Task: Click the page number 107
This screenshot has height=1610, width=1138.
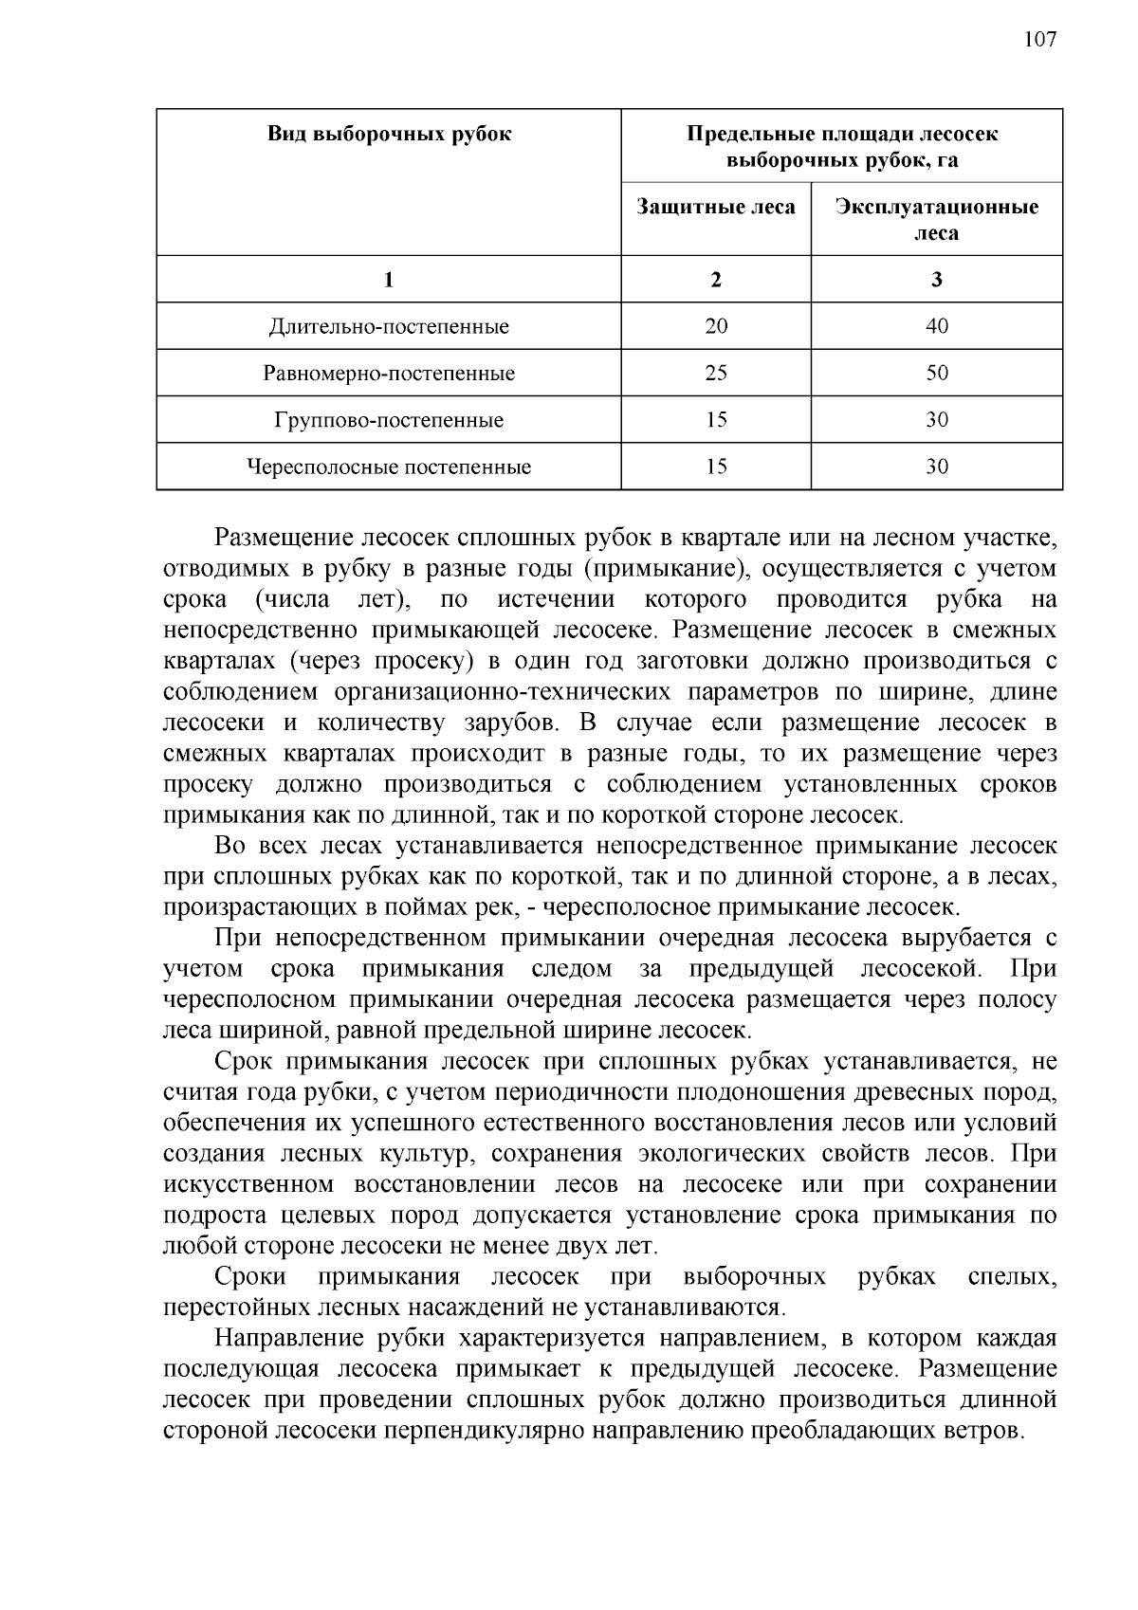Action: click(1039, 39)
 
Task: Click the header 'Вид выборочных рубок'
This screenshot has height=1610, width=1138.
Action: click(389, 134)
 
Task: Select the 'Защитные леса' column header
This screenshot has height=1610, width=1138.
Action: click(716, 207)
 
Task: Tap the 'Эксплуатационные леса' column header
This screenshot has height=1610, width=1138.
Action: click(936, 219)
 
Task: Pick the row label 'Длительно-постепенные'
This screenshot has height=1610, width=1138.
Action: click(389, 327)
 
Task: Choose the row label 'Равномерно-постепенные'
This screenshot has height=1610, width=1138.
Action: click(389, 374)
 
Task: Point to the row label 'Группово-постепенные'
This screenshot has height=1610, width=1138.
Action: click(389, 420)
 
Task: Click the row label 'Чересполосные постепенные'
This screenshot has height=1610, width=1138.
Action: click(389, 467)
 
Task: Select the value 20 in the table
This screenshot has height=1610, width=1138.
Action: click(716, 327)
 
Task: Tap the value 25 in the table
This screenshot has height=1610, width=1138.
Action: click(716, 374)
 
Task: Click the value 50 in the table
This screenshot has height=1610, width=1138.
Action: click(936, 374)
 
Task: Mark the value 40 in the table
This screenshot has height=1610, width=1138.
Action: click(936, 327)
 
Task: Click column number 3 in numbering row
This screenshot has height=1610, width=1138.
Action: click(936, 280)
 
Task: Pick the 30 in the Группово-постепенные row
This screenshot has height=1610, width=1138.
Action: click(936, 420)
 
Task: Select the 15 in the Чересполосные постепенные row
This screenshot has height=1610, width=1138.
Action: click(716, 467)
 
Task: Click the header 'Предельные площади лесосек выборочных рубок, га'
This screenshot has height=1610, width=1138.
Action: click(841, 146)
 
